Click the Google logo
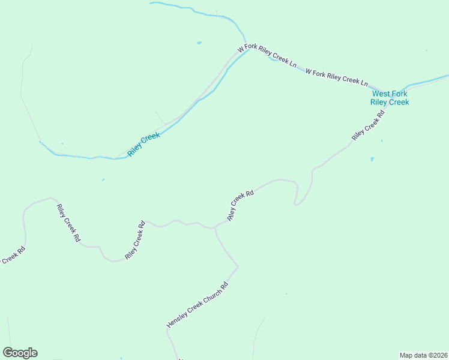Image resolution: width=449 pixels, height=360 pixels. pos(20,353)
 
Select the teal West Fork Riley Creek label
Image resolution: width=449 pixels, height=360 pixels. pos(390,98)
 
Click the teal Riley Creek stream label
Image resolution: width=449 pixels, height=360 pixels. pos(144,145)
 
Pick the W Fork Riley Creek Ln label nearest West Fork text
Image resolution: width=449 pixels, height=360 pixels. pos(336,77)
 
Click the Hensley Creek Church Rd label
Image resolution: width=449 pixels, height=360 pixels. pos(198,305)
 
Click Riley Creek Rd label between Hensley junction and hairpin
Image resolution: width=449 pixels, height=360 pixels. pos(241,205)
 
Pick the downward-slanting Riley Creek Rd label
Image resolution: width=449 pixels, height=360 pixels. pos(68,223)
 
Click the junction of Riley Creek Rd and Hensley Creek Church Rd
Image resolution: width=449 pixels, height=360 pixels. pos(215,228)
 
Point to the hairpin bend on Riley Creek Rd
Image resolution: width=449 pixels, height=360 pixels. pos(296,203)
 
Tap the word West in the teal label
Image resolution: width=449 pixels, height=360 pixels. pos(381,94)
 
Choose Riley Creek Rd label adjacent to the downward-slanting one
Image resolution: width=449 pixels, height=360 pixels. pos(135,240)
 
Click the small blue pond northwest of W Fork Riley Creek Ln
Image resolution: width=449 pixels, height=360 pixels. pos(199,43)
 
